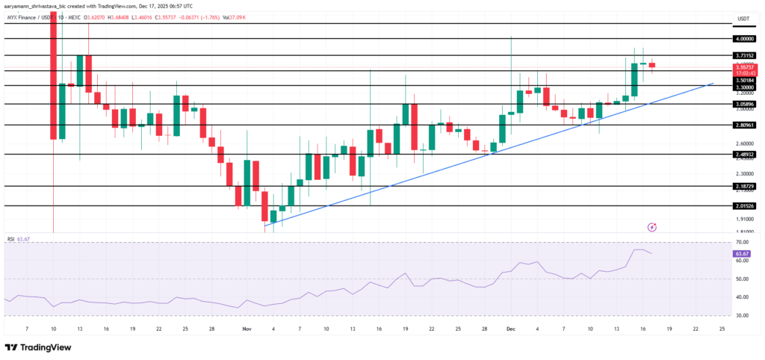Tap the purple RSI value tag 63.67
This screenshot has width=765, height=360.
click(743, 254)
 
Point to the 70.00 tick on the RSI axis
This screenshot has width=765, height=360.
click(743, 243)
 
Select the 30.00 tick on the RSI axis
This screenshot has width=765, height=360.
click(743, 315)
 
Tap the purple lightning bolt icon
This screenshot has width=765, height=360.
click(651, 226)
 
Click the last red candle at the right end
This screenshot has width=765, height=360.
click(651, 65)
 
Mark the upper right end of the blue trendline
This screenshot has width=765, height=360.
click(713, 83)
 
